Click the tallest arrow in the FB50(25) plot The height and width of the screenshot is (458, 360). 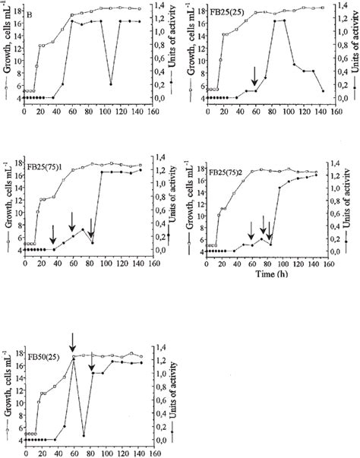tap(72, 343)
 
